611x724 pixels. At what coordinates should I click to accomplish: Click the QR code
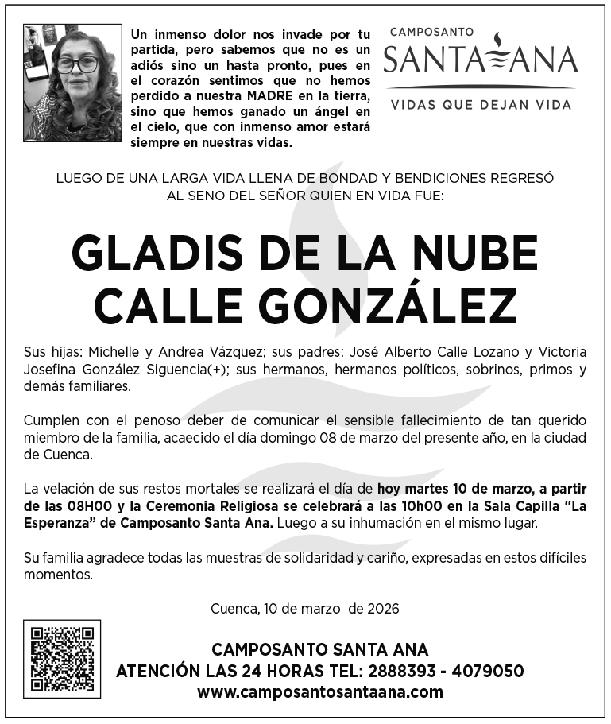pos(62,659)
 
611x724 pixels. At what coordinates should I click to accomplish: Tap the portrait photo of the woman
pos(73,83)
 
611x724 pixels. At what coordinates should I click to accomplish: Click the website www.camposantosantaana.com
pos(319,691)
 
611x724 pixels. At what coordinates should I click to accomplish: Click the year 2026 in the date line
pos(383,609)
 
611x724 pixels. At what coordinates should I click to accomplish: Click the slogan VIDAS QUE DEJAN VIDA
pos(481,104)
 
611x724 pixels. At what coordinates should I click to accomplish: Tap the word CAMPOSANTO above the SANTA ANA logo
pos(431,32)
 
